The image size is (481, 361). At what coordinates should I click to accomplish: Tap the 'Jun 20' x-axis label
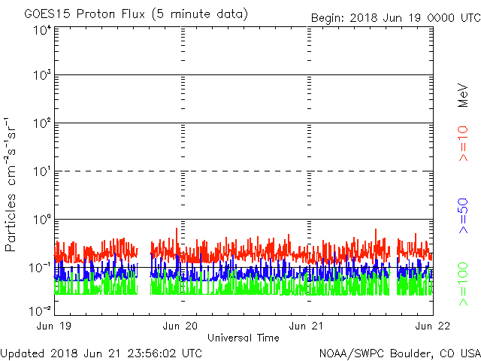click(x=180, y=326)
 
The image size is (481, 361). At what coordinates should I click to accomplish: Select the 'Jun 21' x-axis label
click(x=307, y=326)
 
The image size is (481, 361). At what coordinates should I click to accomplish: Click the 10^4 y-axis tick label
click(x=42, y=31)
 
